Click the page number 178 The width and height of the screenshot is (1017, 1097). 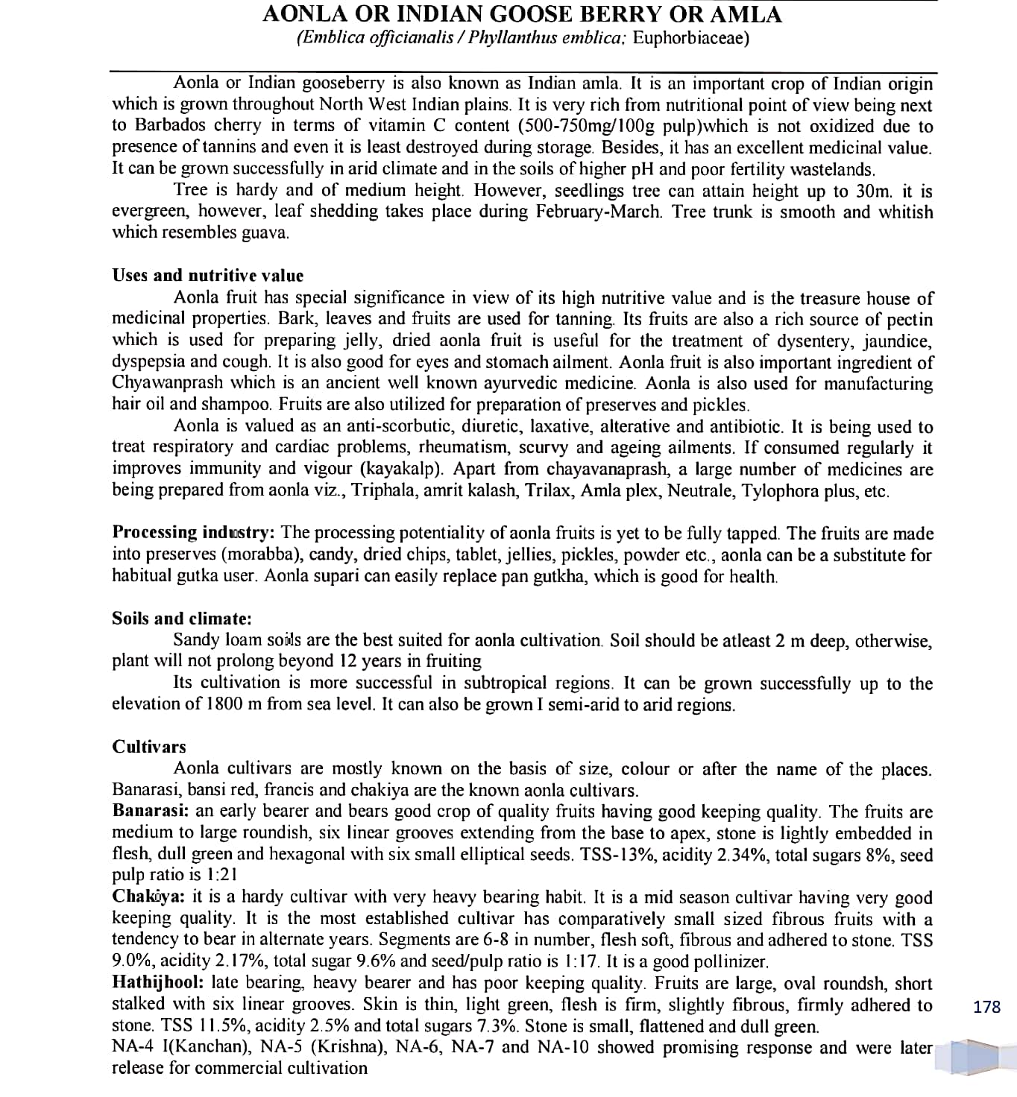pos(986,1007)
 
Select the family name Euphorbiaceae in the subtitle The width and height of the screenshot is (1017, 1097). pos(690,38)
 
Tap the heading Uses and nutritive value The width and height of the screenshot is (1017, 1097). pos(207,276)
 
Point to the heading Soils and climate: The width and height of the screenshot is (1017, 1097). pos(181,619)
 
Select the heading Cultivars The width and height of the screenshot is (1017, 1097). pos(149,747)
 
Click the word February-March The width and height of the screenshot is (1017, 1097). pos(598,212)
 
